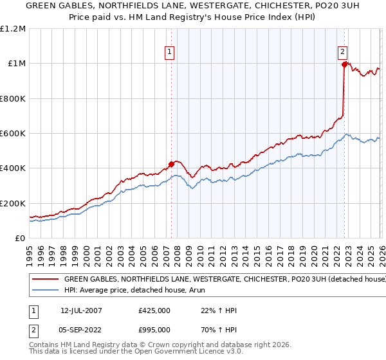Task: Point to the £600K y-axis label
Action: (x=12, y=134)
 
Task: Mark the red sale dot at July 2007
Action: (x=171, y=164)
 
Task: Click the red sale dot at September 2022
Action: (x=344, y=64)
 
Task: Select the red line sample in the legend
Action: (x=47, y=280)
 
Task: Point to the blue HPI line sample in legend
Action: (x=47, y=291)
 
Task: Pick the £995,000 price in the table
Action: (x=154, y=330)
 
